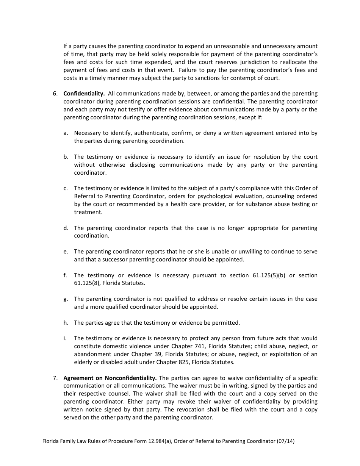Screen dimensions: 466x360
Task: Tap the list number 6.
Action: [x=55, y=94]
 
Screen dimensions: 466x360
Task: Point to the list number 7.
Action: [x=55, y=378]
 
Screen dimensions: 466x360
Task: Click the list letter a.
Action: [x=66, y=133]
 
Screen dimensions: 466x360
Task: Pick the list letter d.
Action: [x=66, y=228]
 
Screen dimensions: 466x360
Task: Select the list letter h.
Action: [x=66, y=323]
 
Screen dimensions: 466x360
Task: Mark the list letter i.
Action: [x=65, y=338]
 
